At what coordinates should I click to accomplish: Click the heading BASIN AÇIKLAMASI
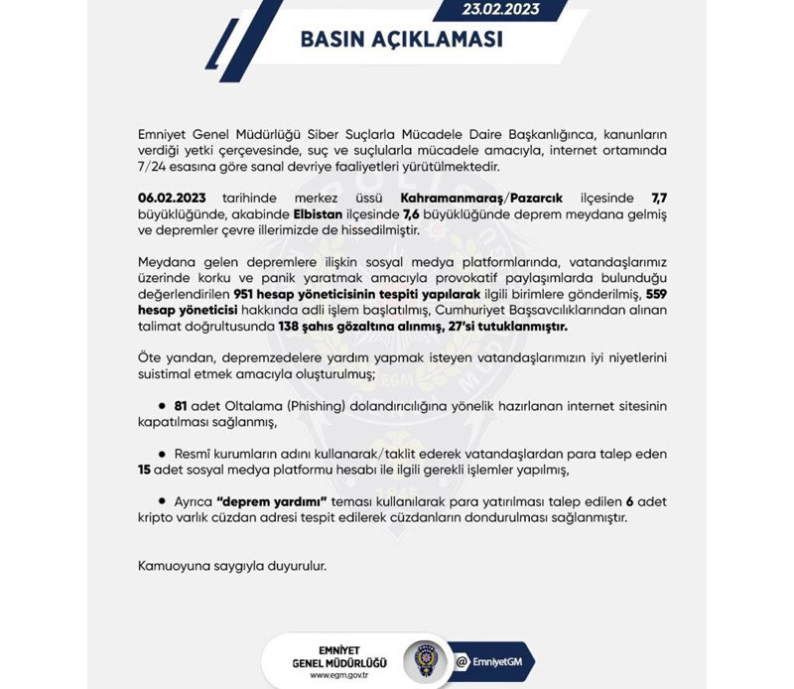tap(401, 41)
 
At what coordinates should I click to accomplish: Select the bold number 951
tap(246, 296)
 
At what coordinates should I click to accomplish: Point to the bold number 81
tap(182, 406)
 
